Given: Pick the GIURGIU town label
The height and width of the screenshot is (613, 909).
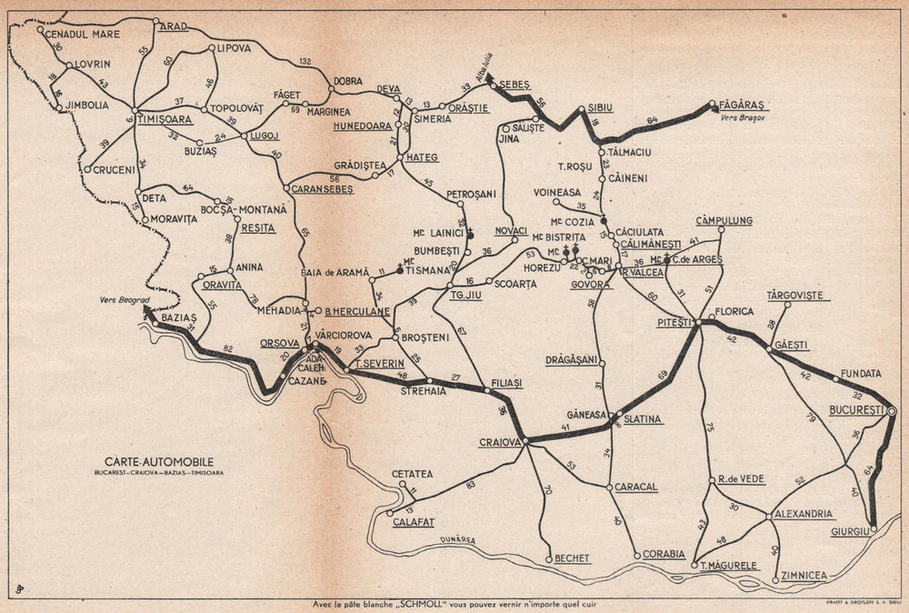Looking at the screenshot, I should (x=850, y=531).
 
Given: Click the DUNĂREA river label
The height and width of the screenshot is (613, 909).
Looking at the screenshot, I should (x=460, y=539).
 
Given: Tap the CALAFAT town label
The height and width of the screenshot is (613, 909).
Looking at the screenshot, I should (x=413, y=522).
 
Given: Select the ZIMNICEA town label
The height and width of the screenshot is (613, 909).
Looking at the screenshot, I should (x=804, y=576).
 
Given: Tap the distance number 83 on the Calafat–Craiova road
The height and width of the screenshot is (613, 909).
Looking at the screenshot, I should (x=470, y=485).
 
